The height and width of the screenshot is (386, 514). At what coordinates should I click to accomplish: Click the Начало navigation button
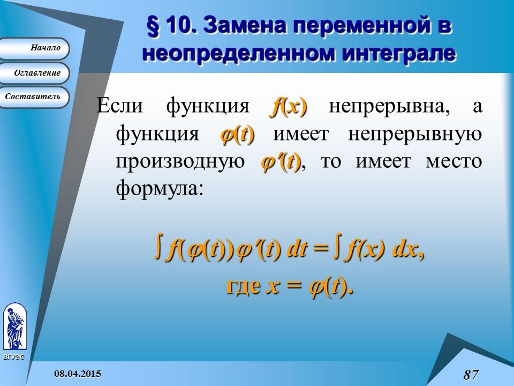point(35,48)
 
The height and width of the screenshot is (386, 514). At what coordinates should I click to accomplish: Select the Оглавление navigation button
point(35,73)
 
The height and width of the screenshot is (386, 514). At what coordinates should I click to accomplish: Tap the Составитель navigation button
point(35,97)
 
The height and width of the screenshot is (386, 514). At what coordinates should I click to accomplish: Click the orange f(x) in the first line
point(288,106)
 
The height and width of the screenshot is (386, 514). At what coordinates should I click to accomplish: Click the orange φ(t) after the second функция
point(237,134)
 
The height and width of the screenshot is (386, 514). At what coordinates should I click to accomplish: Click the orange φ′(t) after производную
point(281,161)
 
